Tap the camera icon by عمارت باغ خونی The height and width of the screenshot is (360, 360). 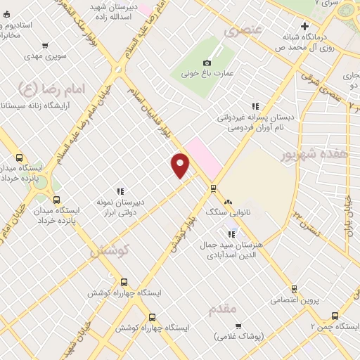[x=207, y=63]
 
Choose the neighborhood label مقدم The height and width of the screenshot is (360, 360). [x=224, y=308]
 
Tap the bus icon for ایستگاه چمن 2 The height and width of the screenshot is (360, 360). [x=335, y=316]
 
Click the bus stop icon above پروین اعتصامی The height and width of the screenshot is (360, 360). [x=294, y=288]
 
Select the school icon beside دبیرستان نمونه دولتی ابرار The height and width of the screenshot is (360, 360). [x=120, y=191]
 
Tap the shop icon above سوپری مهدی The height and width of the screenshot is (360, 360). [x=46, y=44]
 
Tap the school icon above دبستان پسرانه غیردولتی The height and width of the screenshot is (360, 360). [x=255, y=106]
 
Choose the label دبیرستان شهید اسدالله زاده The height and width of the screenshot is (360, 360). [x=112, y=11]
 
